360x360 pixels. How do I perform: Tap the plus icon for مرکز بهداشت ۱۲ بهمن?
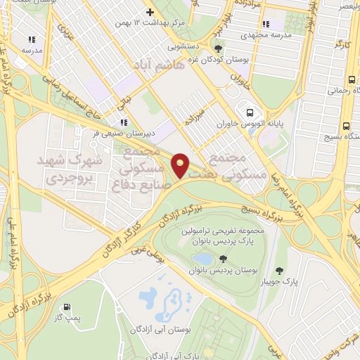click(150, 12)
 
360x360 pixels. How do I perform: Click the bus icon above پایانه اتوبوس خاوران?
click(249, 112)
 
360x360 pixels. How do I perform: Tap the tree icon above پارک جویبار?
click(280, 269)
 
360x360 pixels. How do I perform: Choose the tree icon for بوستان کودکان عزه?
click(219, 49)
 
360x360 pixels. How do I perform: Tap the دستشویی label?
click(185, 48)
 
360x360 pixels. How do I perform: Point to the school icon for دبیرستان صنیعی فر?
click(124, 121)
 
